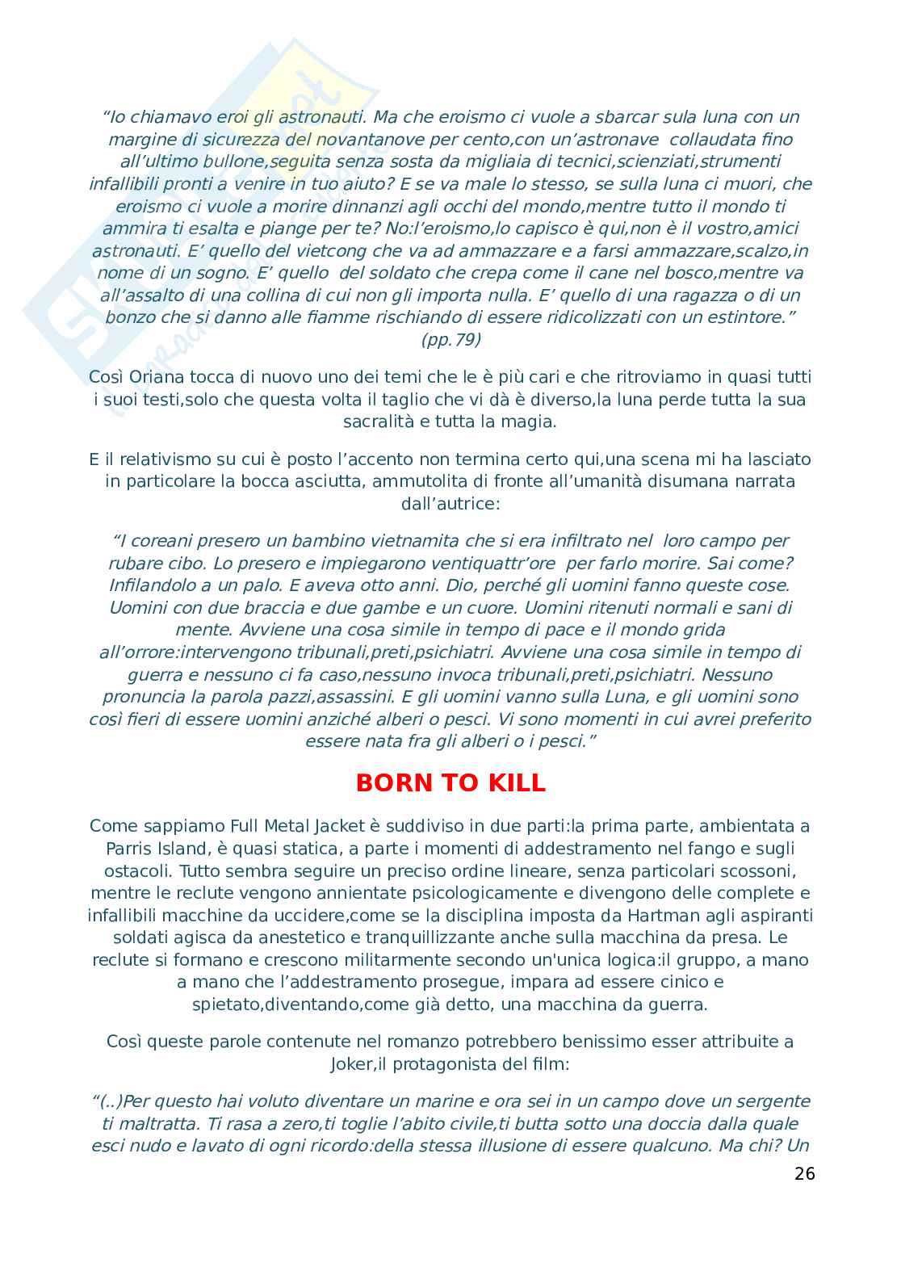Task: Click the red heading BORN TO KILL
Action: (450, 783)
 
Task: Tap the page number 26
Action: (804, 1173)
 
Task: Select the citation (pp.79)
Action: (450, 340)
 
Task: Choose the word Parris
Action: (128, 848)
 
